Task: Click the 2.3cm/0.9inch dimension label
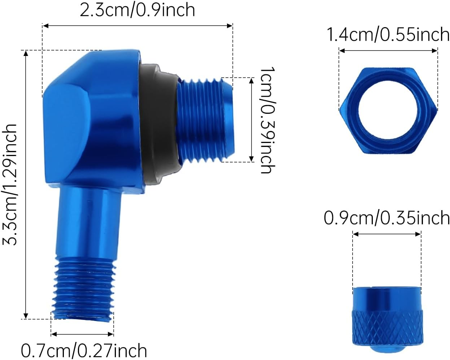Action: pos(137,10)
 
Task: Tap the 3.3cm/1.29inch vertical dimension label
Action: pos(10,184)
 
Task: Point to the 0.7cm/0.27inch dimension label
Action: pos(84,350)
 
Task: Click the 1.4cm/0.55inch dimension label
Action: pos(388,35)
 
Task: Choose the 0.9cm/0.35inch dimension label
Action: pos(386,218)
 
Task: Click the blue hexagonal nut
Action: pos(388,110)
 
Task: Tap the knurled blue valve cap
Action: pos(387,316)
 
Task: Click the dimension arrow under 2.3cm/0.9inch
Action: pos(137,25)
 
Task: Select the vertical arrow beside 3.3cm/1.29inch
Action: pos(26,184)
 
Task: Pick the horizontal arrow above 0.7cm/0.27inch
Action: pos(82,334)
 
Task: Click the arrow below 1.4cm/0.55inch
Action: pos(388,51)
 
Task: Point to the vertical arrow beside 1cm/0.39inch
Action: pos(252,120)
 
